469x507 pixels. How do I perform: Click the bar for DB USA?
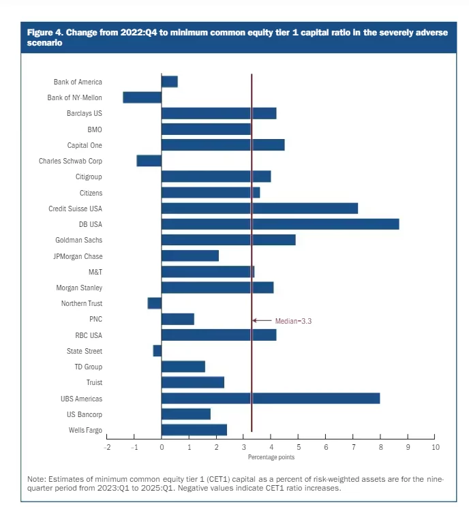coord(279,224)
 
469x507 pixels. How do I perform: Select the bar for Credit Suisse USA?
coord(259,209)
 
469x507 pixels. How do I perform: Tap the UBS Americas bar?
coord(270,399)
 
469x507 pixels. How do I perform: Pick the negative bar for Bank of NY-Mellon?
coord(142,97)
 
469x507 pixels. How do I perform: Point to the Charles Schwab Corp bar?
coord(149,161)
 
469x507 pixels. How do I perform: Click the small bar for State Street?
coord(157,351)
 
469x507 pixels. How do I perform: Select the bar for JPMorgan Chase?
coord(190,256)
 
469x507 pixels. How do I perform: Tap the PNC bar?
coord(178,319)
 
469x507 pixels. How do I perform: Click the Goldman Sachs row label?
coord(78,240)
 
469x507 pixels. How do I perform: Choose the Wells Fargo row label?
coord(85,430)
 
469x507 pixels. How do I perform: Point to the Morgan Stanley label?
coord(80,288)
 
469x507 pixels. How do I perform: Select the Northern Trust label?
coord(82,303)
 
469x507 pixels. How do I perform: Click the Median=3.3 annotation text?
coord(293,320)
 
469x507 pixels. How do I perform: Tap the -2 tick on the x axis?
coord(107,447)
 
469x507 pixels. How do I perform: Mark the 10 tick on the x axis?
coord(436,447)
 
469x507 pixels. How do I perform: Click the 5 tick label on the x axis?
coord(299,447)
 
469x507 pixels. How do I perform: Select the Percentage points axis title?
coord(271,457)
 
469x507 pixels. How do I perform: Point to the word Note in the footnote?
coord(35,479)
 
